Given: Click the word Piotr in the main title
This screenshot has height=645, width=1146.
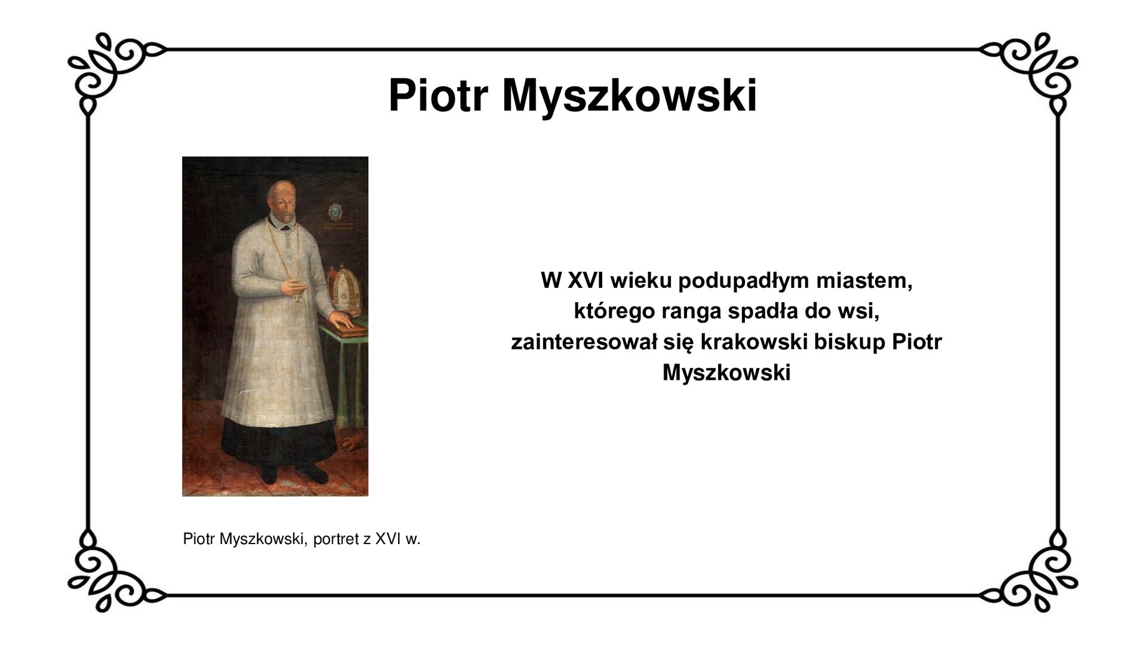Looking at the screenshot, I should coord(438,96).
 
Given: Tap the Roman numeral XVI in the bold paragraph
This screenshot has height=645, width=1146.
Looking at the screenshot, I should coord(585,280).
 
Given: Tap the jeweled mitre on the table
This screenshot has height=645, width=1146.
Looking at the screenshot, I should coord(344,290).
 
